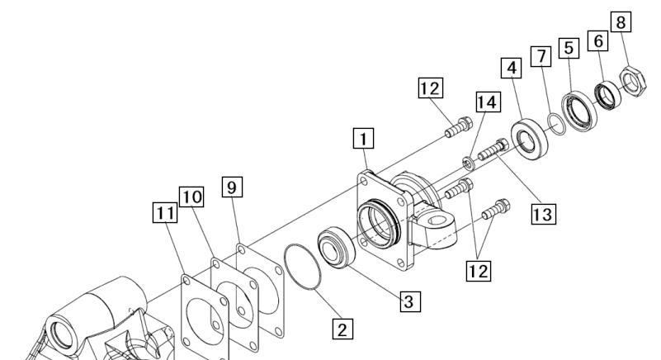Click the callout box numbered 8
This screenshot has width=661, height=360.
coord(621,22)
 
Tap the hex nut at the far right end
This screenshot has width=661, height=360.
coord(633,81)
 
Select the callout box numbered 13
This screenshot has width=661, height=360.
coord(543,214)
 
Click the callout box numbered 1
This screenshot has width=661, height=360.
coord(363,139)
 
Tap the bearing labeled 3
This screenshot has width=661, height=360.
coord(337,248)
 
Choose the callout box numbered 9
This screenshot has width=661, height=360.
coord(232,187)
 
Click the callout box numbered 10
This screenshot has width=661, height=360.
coord(191,197)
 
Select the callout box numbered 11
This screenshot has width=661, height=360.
coord(165,213)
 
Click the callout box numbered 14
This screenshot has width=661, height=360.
coord(489,102)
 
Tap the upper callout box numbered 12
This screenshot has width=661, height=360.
coord(431,88)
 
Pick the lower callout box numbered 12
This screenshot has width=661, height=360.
coord(479,271)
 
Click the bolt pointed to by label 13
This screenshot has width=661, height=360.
coord(493,149)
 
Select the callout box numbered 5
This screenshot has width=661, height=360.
coord(569,48)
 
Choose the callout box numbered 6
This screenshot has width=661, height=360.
coord(597,41)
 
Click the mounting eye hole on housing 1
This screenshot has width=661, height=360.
coord(437,220)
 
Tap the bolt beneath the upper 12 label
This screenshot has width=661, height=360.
coord(459,127)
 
